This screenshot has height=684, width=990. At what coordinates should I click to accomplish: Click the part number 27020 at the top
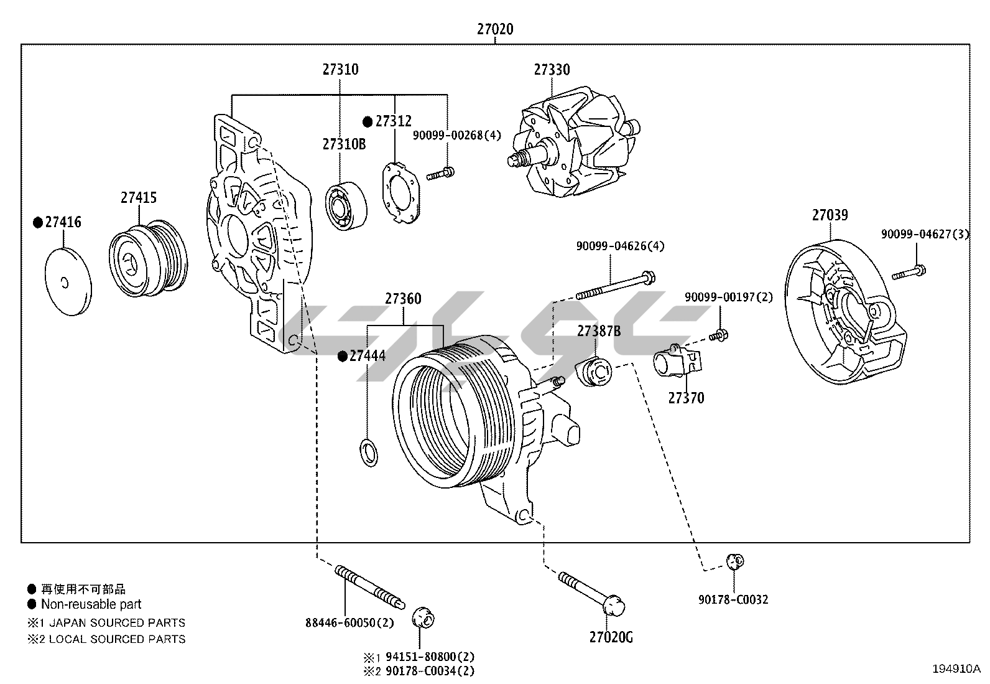coord(495,29)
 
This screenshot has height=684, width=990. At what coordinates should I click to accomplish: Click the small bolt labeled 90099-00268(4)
coord(440,174)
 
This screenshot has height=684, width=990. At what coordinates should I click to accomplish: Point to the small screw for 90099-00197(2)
coord(719,335)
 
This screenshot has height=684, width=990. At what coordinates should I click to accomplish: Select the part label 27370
coord(686,398)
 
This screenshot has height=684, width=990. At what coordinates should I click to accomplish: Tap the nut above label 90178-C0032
coord(735,562)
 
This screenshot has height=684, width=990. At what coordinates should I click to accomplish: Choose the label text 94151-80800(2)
coord(430,656)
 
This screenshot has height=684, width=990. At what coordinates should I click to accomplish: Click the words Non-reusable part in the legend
coord(91,604)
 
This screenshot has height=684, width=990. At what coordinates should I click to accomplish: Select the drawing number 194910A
coord(956,669)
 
